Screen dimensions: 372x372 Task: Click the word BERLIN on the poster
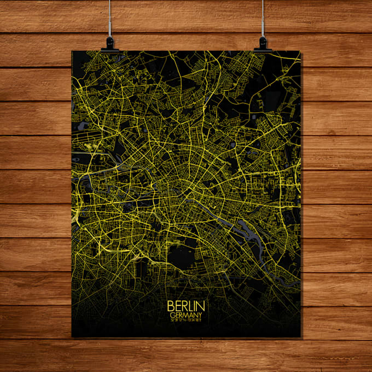[186, 306]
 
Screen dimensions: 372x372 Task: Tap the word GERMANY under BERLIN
[186, 315]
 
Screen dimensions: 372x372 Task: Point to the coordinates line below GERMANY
[186, 321]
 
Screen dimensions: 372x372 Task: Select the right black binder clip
[263, 44]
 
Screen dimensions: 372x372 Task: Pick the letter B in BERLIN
[170, 306]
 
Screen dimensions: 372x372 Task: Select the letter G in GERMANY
[172, 315]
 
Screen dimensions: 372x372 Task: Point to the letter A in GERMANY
[192, 315]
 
